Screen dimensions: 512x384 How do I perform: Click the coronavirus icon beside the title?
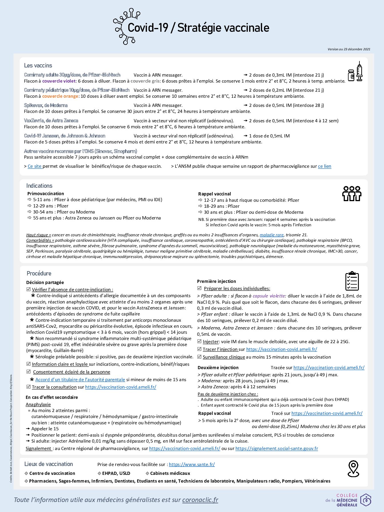pyautogui.click(x=126, y=26)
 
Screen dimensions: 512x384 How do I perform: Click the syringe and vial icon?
pyautogui.click(x=355, y=72)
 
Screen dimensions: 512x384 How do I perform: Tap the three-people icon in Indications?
pyautogui.click(x=352, y=194)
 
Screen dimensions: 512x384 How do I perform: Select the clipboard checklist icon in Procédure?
pyautogui.click(x=352, y=281)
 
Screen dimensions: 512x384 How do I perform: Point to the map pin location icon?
pyautogui.click(x=353, y=469)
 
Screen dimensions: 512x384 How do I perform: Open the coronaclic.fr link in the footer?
pyautogui.click(x=200, y=500)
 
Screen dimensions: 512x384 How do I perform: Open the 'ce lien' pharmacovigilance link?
pyautogui.click(x=325, y=166)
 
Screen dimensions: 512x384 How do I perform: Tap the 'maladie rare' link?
pyautogui.click(x=271, y=235)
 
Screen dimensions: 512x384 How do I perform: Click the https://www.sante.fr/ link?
pyautogui.click(x=192, y=464)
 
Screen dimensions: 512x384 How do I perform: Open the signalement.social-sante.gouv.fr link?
pyautogui.click(x=277, y=448)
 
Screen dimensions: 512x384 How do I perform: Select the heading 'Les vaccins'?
pyautogui.click(x=38, y=65)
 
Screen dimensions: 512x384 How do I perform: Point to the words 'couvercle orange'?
pyautogui.click(x=60, y=96)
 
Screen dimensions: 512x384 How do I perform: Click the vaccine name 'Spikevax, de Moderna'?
pyautogui.click(x=46, y=105)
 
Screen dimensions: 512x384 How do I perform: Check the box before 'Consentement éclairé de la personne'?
pyautogui.click(x=29, y=372)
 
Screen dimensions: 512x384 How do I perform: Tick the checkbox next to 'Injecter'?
pyautogui.click(x=199, y=341)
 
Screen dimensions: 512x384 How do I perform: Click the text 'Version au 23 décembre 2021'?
pyautogui.click(x=349, y=49)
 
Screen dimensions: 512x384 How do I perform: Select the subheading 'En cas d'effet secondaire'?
pyautogui.click(x=52, y=397)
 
